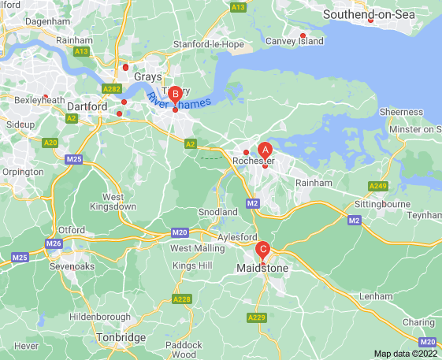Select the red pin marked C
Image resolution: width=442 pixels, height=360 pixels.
coord(263,251)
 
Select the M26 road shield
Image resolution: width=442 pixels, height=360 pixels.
coord(54,243)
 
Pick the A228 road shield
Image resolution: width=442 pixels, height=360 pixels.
coord(182,299)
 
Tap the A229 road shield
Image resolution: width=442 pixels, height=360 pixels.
coord(257,317)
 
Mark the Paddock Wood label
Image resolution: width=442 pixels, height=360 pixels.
coord(184,349)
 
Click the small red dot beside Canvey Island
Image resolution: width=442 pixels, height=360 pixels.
coord(303,35)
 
